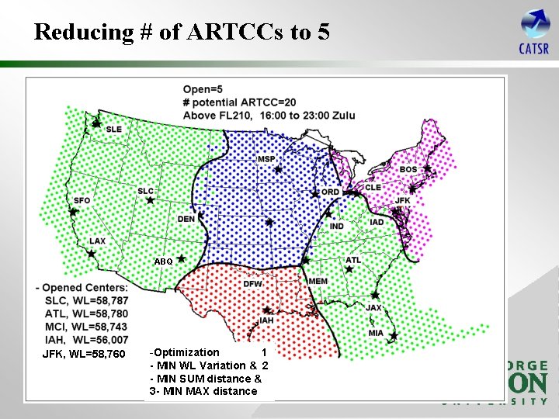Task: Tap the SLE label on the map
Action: tap(114, 129)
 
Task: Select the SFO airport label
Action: tap(82, 200)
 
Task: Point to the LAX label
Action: tap(97, 241)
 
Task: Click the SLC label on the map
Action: tap(145, 191)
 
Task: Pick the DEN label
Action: tap(186, 219)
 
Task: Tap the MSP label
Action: tap(266, 159)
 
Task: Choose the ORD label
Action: tap(330, 192)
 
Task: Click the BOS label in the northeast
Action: tap(408, 169)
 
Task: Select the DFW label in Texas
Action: tap(252, 284)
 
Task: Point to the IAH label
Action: tap(266, 320)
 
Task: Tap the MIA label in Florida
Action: tap(376, 333)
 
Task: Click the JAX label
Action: tap(374, 307)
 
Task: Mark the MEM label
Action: tap(318, 281)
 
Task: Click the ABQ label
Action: tap(163, 261)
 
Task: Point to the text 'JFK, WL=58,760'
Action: tap(83, 355)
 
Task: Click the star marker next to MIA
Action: tap(394, 337)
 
